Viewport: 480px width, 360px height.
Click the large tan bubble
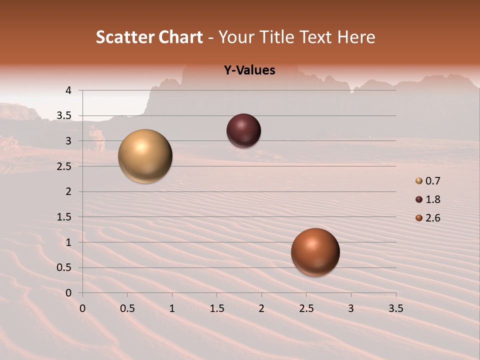(145, 156)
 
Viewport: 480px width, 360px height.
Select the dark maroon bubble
(243, 130)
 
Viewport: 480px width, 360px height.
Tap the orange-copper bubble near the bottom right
(315, 252)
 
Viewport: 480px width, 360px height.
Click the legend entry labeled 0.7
(428, 181)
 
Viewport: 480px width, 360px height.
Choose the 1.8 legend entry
(428, 199)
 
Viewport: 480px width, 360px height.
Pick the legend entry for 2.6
(428, 218)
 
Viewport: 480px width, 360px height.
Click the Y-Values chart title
(249, 70)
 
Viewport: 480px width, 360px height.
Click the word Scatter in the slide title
(125, 37)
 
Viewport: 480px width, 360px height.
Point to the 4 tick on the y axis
(68, 90)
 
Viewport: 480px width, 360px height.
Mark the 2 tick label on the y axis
(68, 191)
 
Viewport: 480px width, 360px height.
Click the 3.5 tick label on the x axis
(395, 308)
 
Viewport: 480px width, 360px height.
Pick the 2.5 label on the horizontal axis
(306, 308)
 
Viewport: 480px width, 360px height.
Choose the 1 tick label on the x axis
(172, 308)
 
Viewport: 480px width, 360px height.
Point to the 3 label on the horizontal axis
(351, 308)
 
